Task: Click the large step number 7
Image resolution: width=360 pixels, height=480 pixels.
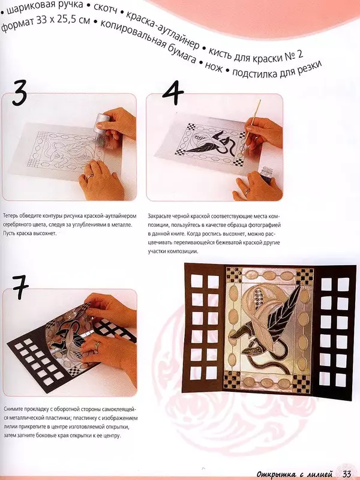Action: pos(20,287)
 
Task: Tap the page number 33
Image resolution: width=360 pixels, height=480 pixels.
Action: pos(347,474)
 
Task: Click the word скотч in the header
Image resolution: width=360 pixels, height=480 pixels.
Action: pos(105,8)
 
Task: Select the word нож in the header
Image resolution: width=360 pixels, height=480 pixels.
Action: pos(214,67)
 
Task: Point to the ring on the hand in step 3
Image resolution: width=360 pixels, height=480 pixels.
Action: pos(89,176)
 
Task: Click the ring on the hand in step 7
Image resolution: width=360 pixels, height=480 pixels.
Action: pos(97,344)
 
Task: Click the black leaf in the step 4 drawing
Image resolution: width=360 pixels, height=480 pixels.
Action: pos(203,147)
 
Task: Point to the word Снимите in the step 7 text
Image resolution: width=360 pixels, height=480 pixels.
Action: pos(12,409)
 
